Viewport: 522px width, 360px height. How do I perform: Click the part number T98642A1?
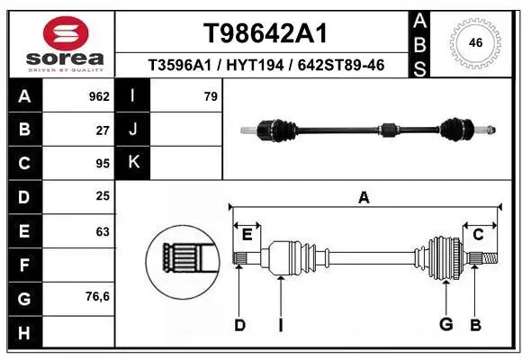264,33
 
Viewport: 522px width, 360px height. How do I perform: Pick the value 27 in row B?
103,130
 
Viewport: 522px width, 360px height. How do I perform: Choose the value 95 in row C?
103,164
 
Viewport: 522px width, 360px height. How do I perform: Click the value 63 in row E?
103,231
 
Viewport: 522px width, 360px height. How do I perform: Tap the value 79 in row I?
211,96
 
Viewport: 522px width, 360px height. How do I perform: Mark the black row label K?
133,163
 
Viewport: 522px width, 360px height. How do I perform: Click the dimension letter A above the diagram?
364,198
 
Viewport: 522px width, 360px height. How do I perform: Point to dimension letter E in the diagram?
247,235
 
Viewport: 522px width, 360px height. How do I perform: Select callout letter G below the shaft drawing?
445,324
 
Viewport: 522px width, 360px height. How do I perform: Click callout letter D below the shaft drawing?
240,324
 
